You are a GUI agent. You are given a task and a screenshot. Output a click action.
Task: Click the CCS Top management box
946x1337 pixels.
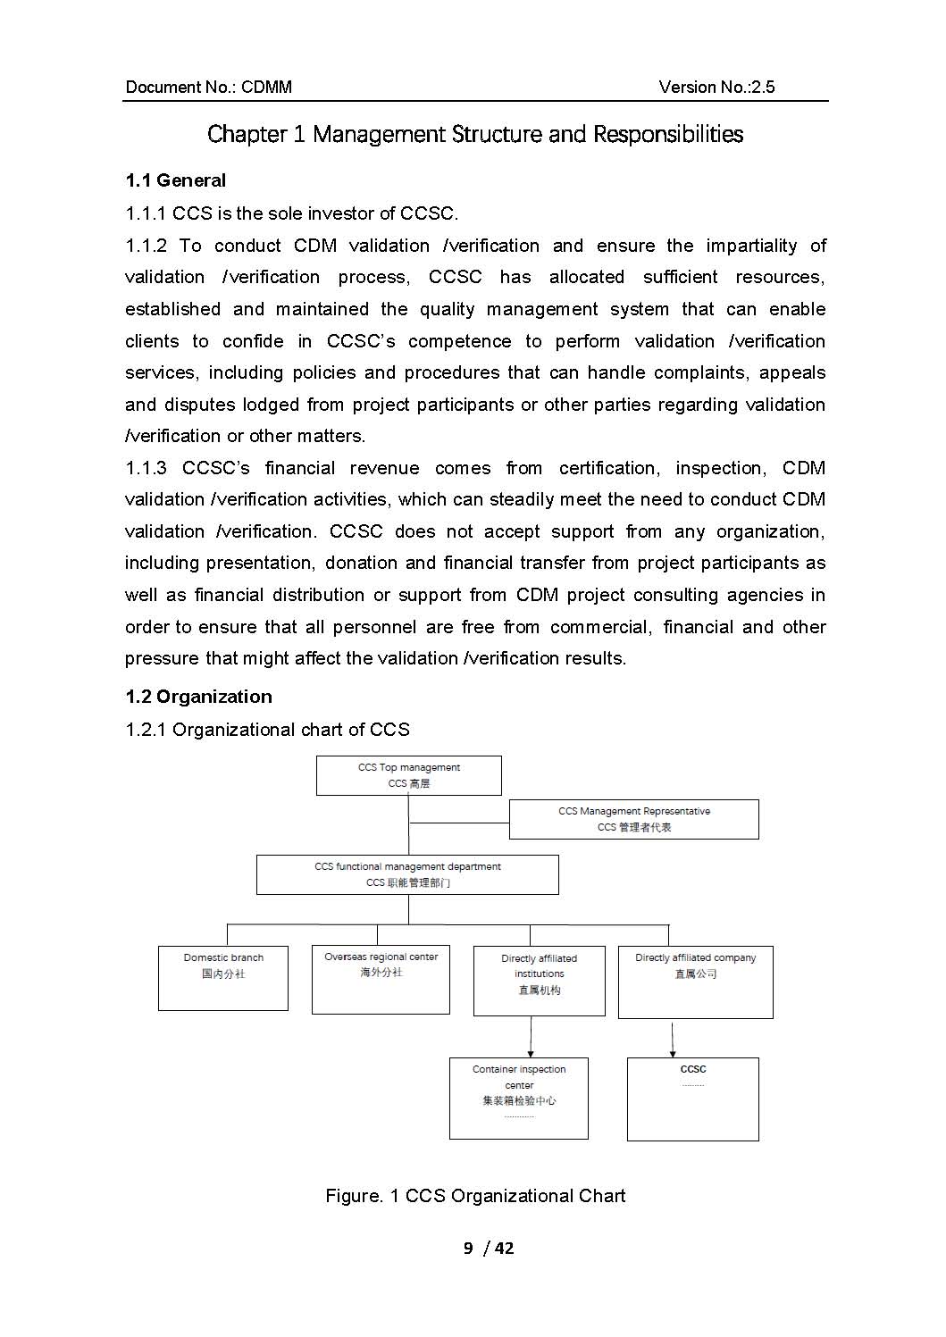(408, 775)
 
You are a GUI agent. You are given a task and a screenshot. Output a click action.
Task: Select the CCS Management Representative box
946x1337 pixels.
(633, 819)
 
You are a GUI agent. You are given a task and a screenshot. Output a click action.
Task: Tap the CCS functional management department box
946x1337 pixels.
(407, 874)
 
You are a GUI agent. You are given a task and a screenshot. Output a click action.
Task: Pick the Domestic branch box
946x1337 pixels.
(223, 978)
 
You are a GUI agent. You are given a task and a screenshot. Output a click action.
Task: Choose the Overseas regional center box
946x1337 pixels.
(381, 980)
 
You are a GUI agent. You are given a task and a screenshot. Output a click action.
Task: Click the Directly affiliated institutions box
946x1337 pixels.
(539, 981)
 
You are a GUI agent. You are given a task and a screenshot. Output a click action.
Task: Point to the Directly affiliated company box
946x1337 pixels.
(695, 982)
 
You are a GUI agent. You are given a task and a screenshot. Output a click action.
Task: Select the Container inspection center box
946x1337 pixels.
(518, 1098)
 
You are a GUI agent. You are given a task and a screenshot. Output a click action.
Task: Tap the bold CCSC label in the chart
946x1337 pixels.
(693, 1069)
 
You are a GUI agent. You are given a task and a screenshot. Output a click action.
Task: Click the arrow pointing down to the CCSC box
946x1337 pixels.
(673, 1041)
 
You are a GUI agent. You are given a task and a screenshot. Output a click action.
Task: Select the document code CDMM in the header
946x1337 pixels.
(266, 87)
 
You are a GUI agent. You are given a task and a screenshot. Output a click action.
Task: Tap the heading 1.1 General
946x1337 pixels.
(176, 180)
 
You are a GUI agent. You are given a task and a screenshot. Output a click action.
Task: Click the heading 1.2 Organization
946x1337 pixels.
(198, 697)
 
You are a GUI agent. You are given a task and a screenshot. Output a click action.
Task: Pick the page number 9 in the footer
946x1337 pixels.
(468, 1248)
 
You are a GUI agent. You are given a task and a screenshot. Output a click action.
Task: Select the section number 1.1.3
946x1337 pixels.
(147, 468)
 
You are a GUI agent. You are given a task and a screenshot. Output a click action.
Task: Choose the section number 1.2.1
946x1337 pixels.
(146, 730)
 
